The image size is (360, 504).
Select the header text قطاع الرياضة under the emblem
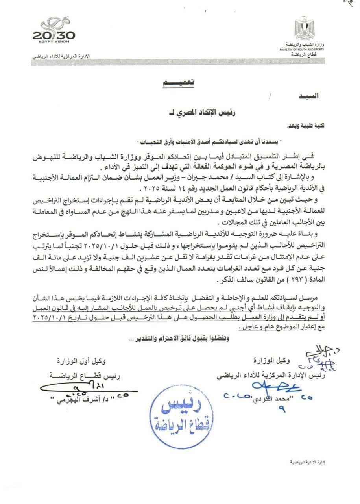[x=308, y=56]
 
